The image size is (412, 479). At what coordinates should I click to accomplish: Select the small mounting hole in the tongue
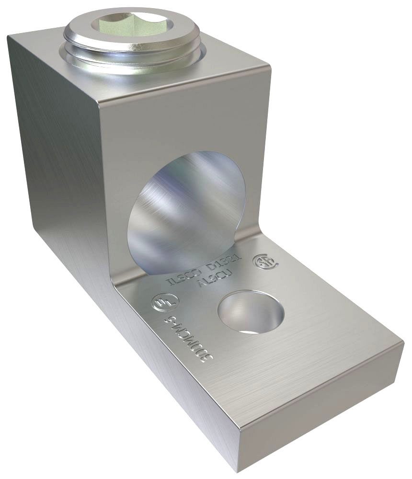(250, 313)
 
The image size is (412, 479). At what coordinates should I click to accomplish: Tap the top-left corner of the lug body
(11, 36)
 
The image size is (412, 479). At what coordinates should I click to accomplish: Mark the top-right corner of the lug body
(267, 62)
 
